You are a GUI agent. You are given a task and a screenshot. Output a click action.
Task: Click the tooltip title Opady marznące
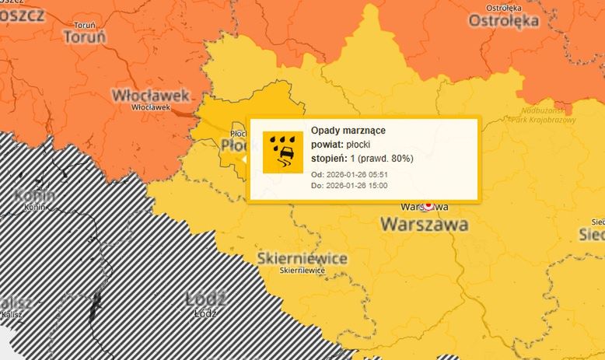pos(348,130)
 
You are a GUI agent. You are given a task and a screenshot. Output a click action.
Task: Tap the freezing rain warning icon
pos(283,152)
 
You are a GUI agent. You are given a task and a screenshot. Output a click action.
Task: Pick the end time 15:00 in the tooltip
pos(377,185)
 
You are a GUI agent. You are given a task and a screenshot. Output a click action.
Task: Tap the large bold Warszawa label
pos(424,225)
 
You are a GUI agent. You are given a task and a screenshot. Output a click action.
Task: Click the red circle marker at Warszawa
pos(428,206)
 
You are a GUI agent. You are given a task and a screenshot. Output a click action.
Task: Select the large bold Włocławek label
pos(151,95)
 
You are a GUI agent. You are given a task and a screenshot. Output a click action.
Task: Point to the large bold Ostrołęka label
pos(503,21)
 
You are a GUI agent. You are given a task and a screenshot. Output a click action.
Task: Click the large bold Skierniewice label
pos(302,258)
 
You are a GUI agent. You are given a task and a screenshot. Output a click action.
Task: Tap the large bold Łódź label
pos(206,299)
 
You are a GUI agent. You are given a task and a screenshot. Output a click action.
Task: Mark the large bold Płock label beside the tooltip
pos(233,146)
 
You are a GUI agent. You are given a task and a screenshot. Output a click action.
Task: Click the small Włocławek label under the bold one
pos(151,107)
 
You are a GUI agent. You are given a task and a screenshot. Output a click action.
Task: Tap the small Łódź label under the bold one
pos(205,313)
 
